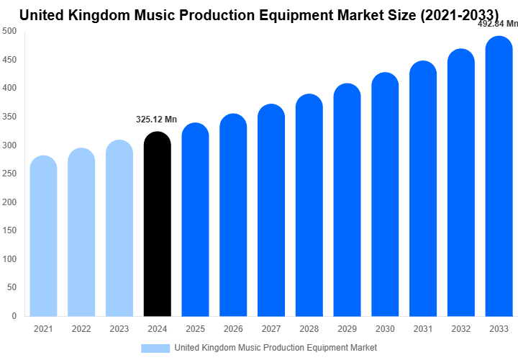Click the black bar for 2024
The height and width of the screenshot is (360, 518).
pos(158,225)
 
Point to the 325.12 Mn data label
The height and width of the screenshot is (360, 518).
pos(157,120)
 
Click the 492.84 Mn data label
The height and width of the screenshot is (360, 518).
pos(498,23)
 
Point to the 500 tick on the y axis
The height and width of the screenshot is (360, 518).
pos(10,31)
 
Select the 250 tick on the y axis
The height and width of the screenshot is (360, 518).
pos(10,174)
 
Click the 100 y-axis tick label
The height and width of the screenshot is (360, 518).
pos(10,258)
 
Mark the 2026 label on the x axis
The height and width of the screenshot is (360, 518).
pos(233,329)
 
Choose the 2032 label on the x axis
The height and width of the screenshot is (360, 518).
pos(461,329)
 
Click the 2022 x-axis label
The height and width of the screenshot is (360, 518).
pos(81,329)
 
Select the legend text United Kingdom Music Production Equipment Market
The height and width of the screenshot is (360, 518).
pos(276,348)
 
